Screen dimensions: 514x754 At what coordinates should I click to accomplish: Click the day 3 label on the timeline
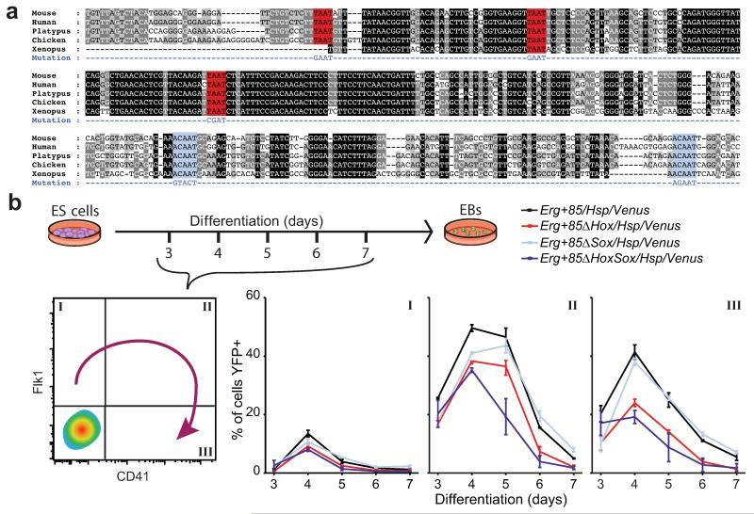[169, 281]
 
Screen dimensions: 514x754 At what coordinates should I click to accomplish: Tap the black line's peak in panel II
[470, 328]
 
